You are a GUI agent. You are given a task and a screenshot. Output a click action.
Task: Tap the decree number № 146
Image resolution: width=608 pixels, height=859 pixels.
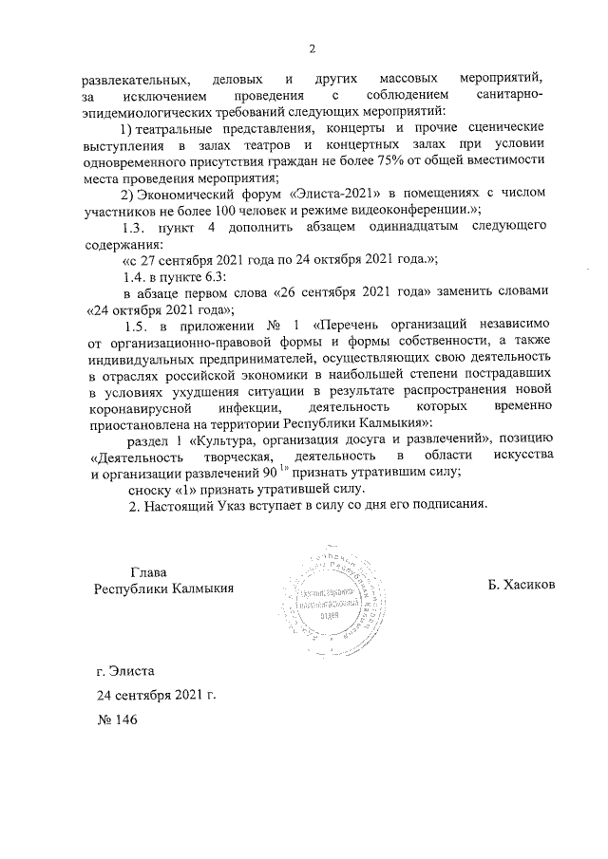118,720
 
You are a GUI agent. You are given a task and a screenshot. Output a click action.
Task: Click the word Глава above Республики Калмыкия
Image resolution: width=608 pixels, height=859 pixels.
148,571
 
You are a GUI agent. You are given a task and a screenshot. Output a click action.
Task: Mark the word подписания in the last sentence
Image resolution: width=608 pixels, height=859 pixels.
446,504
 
